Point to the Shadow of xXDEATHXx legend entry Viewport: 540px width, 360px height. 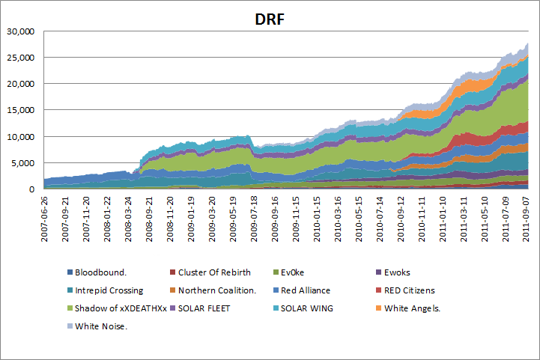(x=121, y=308)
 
